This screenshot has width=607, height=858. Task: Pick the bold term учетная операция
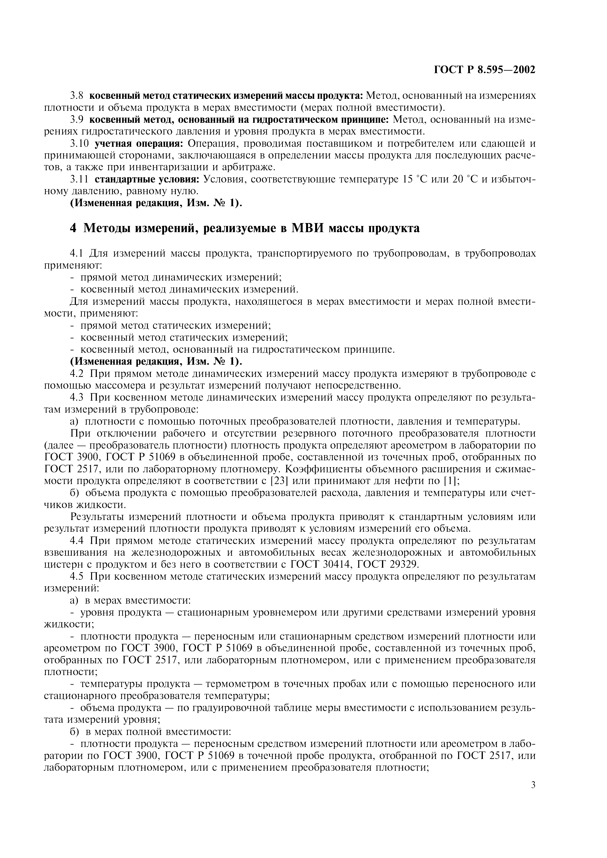pos(138,144)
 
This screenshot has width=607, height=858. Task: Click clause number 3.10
pos(79,144)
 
